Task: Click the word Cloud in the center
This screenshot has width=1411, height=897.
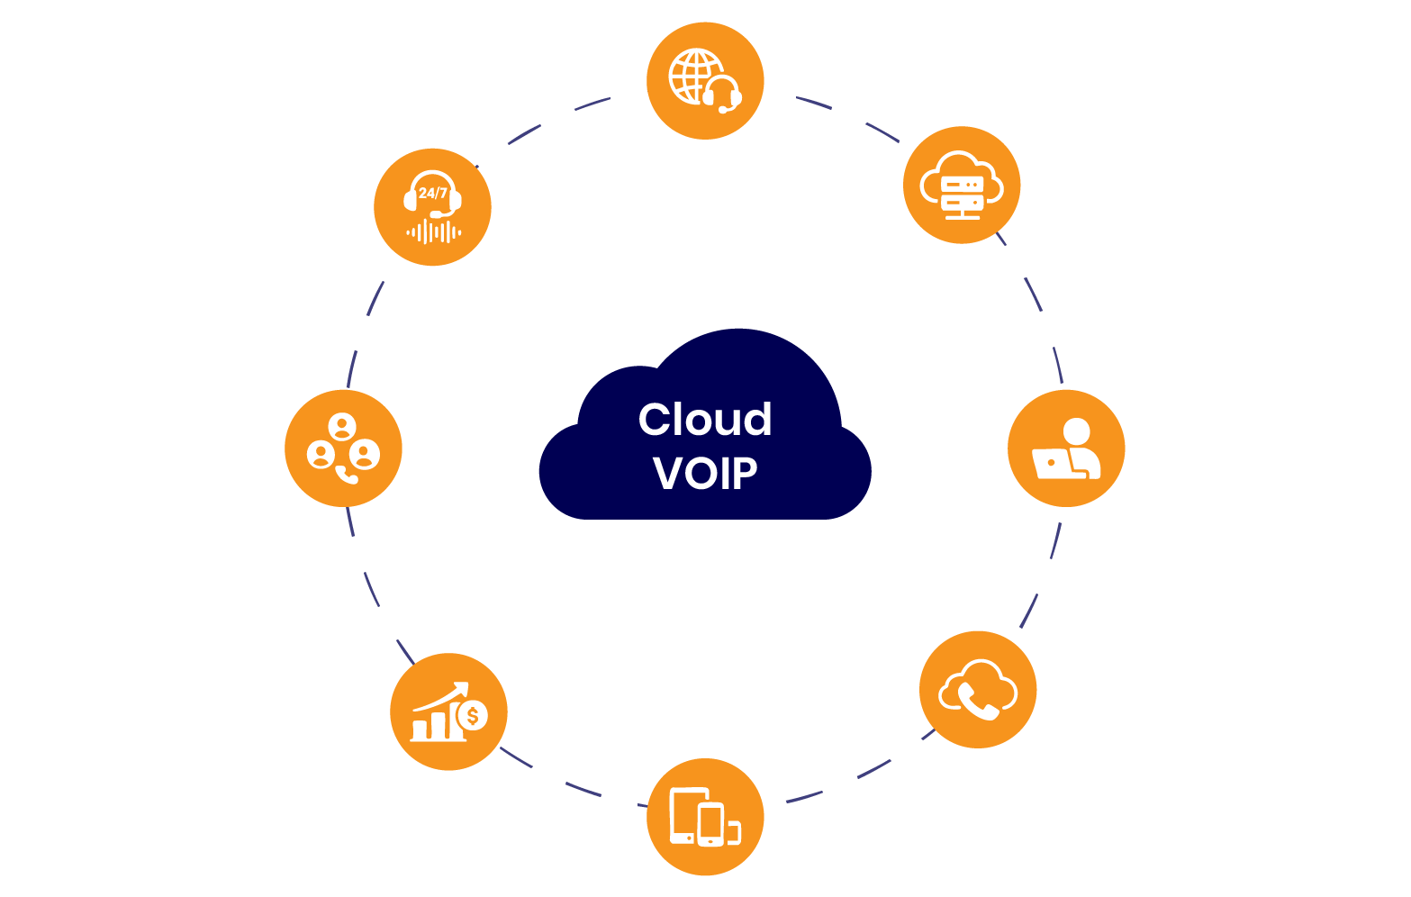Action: click(705, 420)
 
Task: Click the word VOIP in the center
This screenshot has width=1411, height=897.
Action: click(705, 474)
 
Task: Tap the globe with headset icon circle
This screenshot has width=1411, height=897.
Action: click(705, 81)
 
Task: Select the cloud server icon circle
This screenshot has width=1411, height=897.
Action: click(962, 185)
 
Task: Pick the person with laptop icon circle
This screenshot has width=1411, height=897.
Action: click(1066, 448)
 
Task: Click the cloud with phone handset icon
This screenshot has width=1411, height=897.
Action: click(978, 690)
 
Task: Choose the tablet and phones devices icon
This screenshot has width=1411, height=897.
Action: click(705, 817)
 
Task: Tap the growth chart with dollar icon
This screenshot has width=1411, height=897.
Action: click(448, 711)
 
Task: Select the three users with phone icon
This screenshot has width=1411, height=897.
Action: click(343, 448)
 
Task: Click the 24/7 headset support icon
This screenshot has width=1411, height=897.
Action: click(432, 207)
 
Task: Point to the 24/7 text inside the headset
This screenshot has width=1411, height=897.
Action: click(432, 193)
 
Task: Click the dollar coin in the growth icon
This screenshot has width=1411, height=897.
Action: click(472, 717)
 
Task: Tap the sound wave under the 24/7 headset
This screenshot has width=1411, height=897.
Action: click(433, 232)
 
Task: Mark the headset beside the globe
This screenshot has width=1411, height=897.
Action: click(723, 94)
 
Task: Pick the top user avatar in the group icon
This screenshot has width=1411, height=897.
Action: click(342, 426)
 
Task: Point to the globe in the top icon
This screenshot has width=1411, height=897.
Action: click(693, 76)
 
